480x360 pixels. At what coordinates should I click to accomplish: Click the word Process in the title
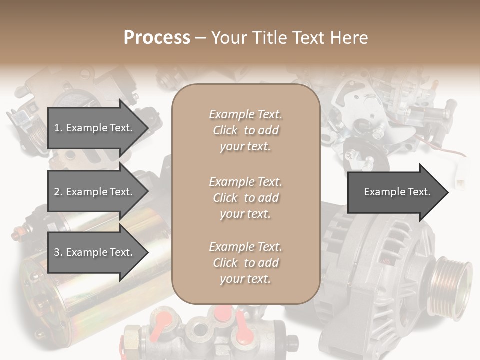click(x=157, y=37)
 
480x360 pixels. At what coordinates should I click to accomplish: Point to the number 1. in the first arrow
click(x=58, y=128)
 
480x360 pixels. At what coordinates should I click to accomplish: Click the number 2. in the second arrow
click(x=58, y=192)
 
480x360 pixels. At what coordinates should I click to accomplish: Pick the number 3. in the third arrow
click(x=58, y=252)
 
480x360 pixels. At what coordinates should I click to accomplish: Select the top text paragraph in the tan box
click(x=245, y=130)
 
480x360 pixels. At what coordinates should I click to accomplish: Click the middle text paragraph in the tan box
click(x=245, y=197)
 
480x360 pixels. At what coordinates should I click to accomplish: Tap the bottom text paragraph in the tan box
click(x=245, y=263)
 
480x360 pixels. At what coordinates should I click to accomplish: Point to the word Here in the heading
click(x=350, y=37)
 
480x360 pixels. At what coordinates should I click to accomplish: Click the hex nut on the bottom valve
click(x=132, y=334)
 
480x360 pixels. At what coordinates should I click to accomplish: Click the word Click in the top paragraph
click(x=225, y=130)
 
